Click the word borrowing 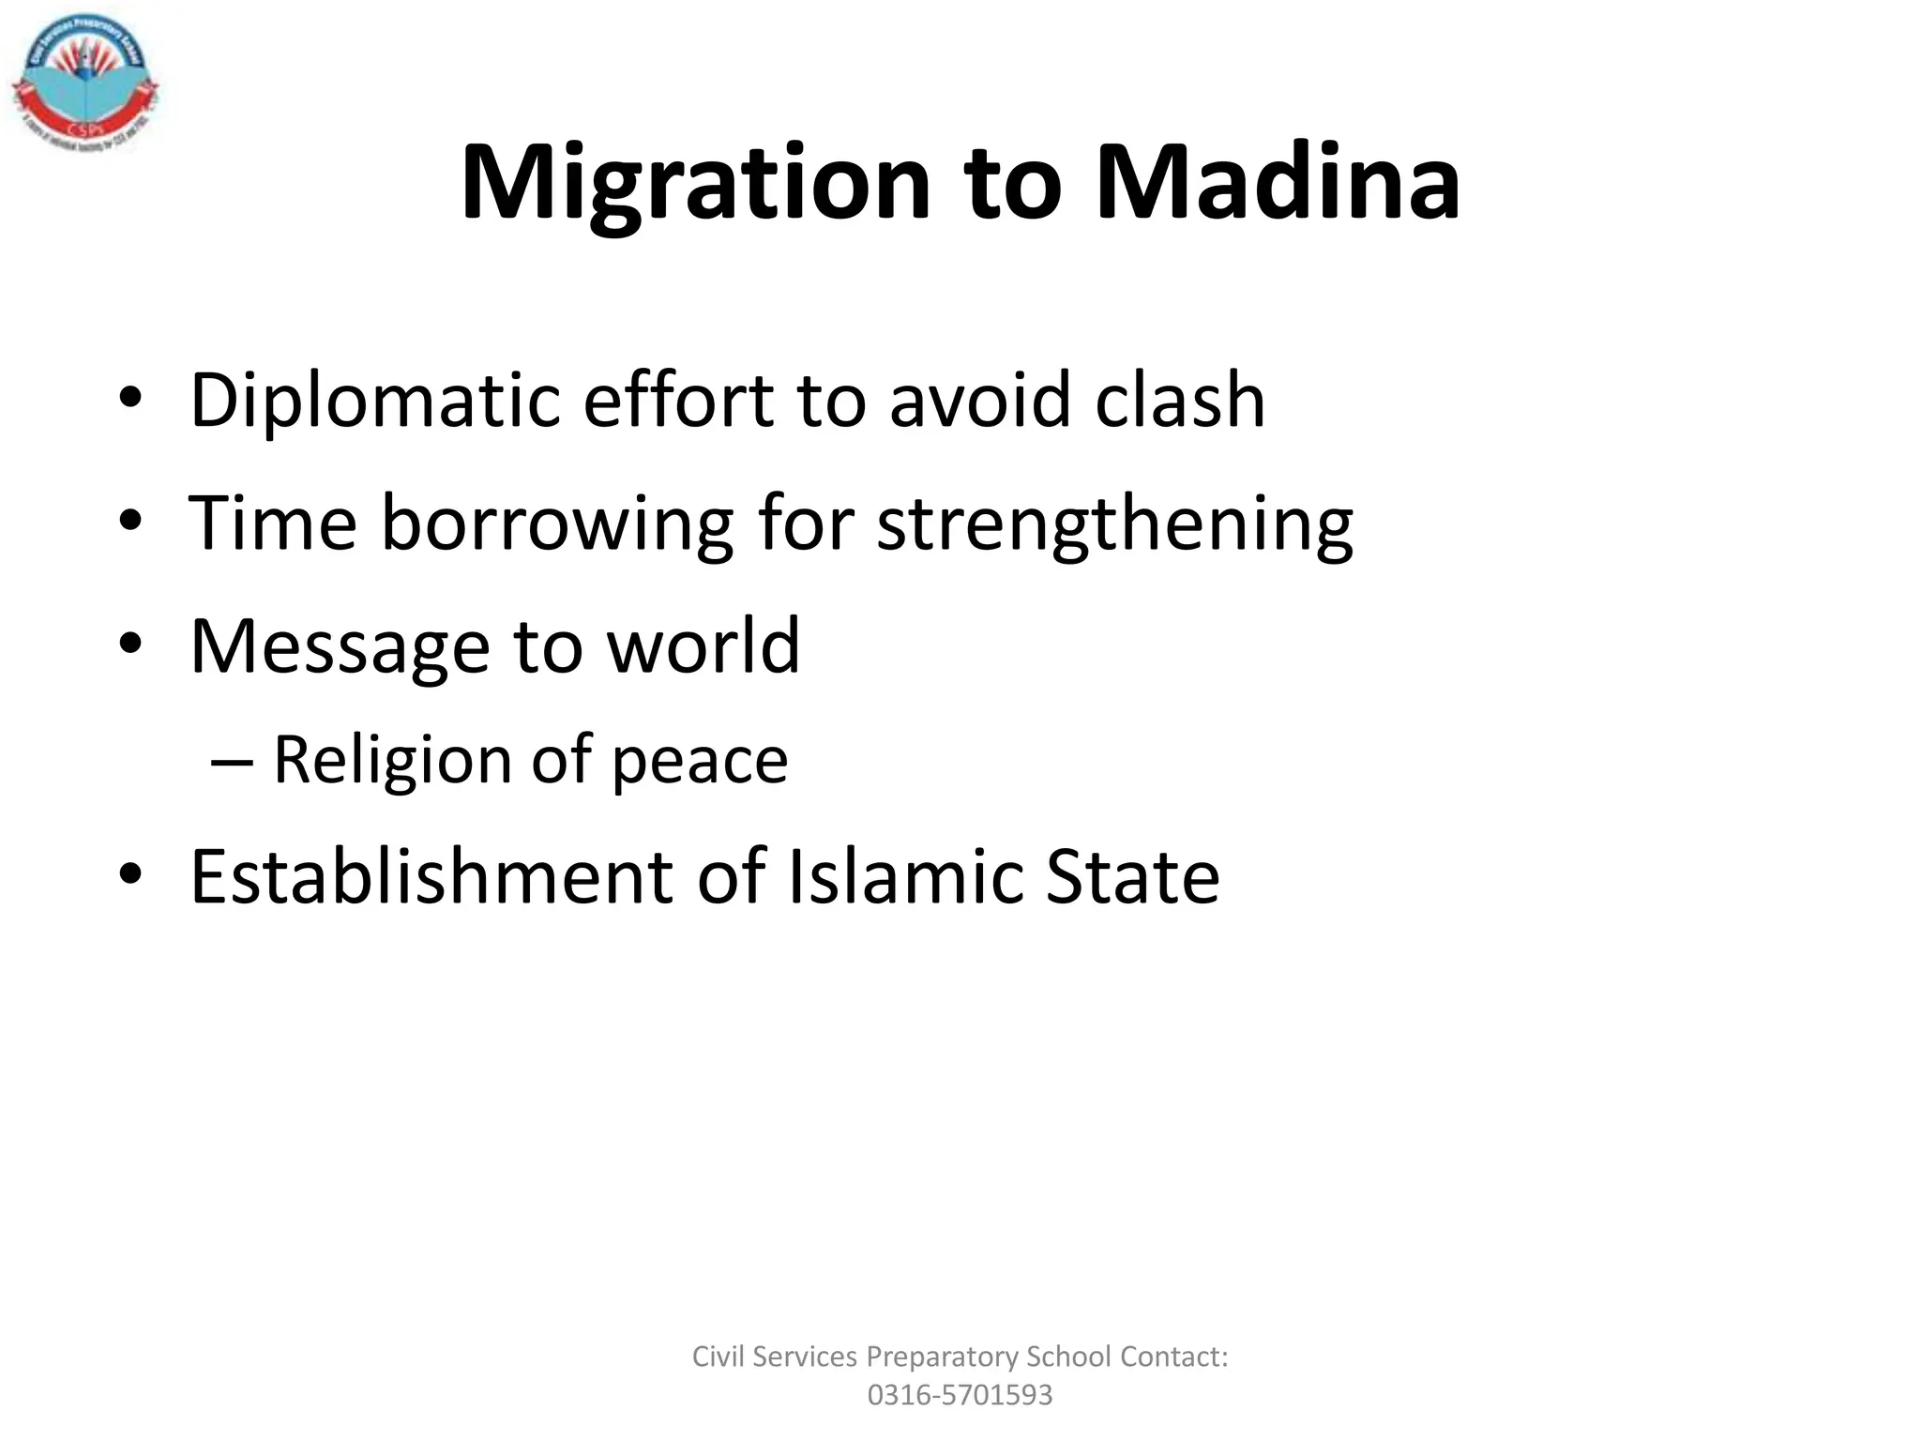[556, 524]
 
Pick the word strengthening [1114, 524]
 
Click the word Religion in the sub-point [390, 761]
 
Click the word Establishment [432, 877]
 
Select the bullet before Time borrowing [130, 523]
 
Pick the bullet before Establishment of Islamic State [130, 876]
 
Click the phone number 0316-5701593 [960, 1395]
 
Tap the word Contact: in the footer [1173, 1357]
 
